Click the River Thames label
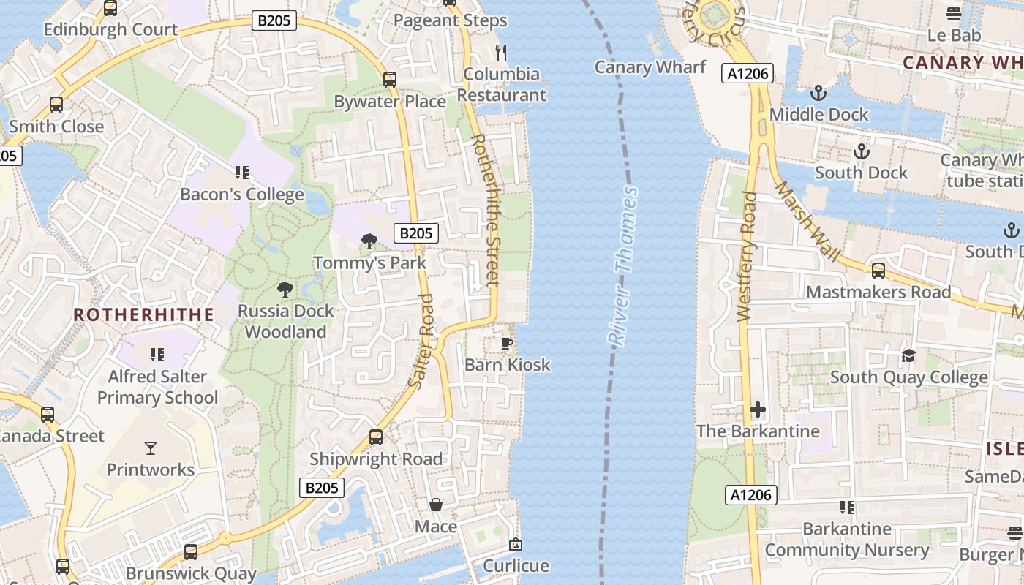(x=622, y=266)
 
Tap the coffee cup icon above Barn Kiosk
(x=506, y=343)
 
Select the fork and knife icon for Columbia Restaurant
(x=501, y=52)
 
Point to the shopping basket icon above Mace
(x=436, y=505)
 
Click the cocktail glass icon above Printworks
(x=151, y=448)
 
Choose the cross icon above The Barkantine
(x=758, y=409)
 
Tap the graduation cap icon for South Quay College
(x=908, y=355)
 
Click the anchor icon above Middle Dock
(x=818, y=93)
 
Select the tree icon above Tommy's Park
(x=369, y=241)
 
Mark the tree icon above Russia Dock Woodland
(x=285, y=289)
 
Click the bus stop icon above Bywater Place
(x=390, y=80)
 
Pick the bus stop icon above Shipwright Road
(x=376, y=437)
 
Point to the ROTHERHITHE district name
(x=144, y=314)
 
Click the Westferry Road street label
(x=746, y=257)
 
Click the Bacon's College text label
(x=242, y=195)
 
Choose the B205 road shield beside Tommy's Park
(x=415, y=233)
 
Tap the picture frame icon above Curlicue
(x=516, y=544)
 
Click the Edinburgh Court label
(x=110, y=29)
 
